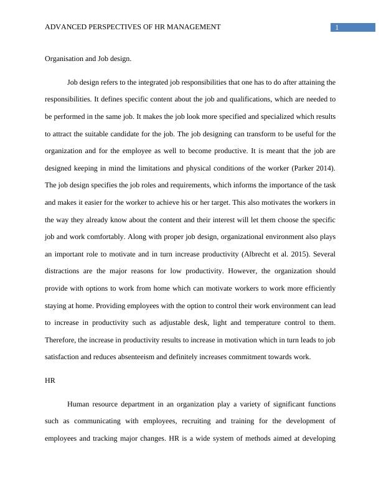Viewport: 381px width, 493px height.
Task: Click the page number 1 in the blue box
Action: click(336, 27)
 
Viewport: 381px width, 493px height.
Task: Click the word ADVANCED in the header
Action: click(66, 27)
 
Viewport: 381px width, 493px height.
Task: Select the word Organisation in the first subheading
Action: click(65, 59)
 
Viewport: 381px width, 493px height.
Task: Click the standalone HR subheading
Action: click(50, 380)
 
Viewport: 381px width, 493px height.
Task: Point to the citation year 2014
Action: click(321, 168)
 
